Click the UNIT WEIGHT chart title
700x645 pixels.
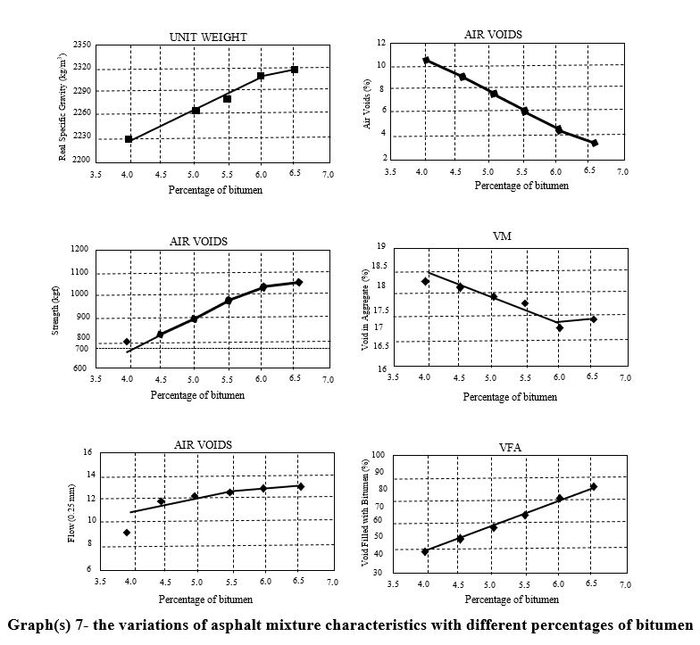pos(208,37)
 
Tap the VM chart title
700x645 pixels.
pos(502,236)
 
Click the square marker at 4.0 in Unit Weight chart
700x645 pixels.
pos(129,139)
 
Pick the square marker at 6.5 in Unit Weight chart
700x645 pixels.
pos(295,69)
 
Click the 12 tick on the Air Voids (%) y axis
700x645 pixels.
pos(381,43)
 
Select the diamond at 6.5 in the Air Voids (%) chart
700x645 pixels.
pos(595,143)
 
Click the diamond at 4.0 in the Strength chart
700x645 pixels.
pos(128,342)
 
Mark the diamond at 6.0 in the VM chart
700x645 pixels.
pos(559,327)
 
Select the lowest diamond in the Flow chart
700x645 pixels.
pos(127,533)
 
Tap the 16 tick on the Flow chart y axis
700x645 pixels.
pos(87,452)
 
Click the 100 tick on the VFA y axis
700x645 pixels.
pos(378,455)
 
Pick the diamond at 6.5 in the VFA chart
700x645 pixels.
pos(593,487)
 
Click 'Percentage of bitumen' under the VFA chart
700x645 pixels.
pos(510,600)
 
